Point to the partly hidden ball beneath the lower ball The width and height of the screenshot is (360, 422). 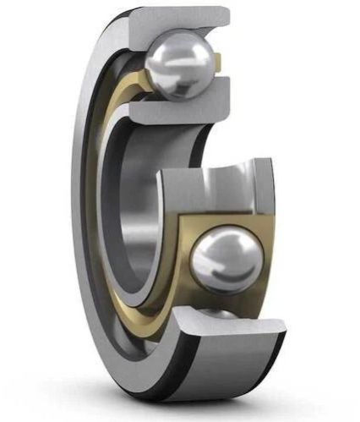pyautogui.click(x=218, y=314)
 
